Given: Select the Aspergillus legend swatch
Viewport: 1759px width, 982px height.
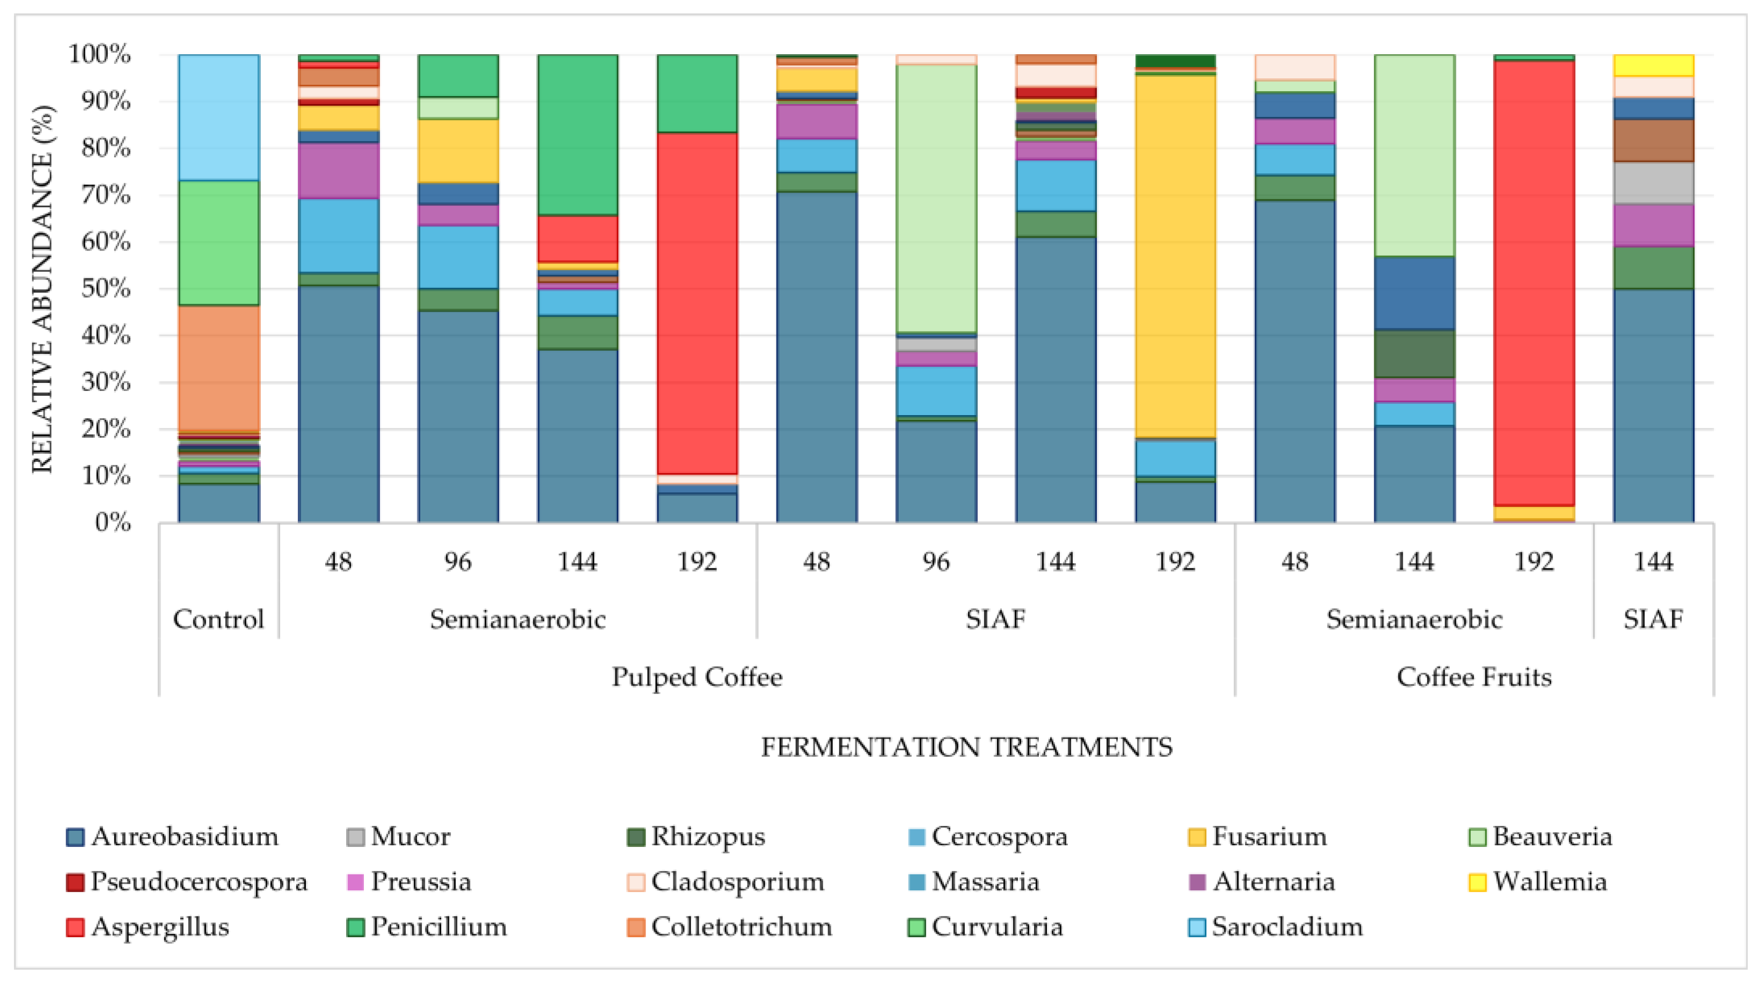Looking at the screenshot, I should click(x=75, y=927).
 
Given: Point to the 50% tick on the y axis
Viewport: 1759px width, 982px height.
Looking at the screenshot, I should click(x=106, y=289).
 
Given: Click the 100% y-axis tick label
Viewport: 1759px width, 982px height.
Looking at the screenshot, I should click(x=100, y=54).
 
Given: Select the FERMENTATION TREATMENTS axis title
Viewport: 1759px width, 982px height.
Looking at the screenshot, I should click(x=966, y=747).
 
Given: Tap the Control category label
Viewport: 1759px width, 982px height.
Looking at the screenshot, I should click(x=218, y=619).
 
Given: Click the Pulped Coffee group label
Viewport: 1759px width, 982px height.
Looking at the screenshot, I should click(x=697, y=677).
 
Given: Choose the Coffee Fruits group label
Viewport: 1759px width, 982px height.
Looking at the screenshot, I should click(x=1474, y=677).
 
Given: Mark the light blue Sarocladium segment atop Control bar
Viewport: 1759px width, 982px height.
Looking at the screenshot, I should click(x=218, y=117).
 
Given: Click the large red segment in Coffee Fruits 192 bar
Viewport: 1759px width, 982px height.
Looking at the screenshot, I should click(x=1534, y=283).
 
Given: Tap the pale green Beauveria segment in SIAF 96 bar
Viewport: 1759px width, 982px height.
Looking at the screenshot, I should click(x=936, y=198).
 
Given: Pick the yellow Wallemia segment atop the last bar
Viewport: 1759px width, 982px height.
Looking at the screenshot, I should click(x=1653, y=65).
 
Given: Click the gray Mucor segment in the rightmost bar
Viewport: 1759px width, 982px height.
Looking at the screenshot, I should click(x=1653, y=183).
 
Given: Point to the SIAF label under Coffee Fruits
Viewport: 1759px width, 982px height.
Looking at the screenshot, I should click(x=1653, y=619).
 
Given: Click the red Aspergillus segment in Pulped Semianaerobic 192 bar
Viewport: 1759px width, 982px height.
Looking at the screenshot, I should click(x=697, y=304).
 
